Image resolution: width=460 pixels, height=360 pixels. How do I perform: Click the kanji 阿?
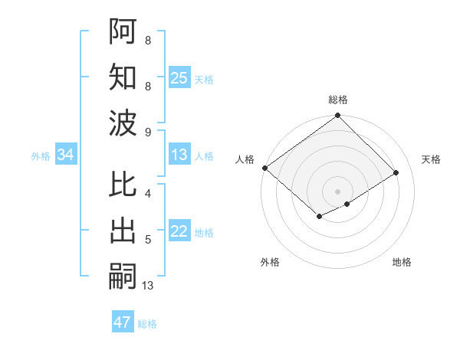123,31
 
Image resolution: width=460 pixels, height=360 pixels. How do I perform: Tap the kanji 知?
123,77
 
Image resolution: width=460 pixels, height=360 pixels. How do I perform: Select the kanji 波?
123,123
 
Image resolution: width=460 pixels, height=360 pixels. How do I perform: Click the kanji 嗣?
123,277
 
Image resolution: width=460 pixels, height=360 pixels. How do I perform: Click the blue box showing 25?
179,77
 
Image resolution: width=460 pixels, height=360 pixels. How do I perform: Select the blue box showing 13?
179,155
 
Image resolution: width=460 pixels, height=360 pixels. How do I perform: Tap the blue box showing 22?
179,232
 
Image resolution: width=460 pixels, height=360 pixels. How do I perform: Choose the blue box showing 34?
66,155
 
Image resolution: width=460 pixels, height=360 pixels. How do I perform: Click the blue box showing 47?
123,322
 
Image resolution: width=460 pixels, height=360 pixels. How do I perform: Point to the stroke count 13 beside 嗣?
148,286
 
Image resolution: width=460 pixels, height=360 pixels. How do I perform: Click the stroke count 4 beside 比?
148,193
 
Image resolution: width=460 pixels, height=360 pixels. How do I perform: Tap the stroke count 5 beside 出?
148,240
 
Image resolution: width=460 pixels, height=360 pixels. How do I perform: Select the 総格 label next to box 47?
147,324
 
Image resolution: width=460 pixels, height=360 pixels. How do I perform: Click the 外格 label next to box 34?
41,156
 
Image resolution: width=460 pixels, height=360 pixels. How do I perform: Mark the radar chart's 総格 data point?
337,116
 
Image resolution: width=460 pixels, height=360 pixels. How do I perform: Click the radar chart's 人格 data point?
264,168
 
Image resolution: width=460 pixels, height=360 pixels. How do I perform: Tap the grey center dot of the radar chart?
337,191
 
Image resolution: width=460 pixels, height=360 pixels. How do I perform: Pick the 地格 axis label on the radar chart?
402,262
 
